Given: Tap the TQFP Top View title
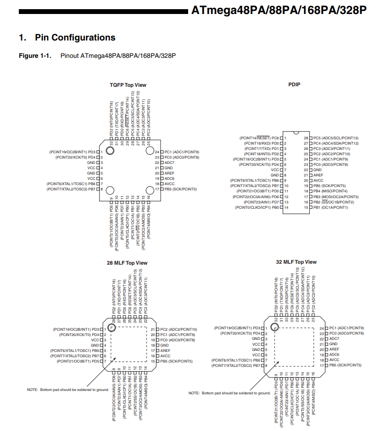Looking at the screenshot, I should click(128, 85).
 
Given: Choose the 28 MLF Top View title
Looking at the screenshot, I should click(127, 263).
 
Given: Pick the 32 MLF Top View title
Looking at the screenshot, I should click(296, 262).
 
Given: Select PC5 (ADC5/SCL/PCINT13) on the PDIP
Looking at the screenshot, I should click(336, 138).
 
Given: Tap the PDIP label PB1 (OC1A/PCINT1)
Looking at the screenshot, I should click(330, 207).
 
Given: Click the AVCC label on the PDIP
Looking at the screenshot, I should click(318, 180).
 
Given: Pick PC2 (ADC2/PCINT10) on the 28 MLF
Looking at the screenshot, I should click(178, 329).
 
